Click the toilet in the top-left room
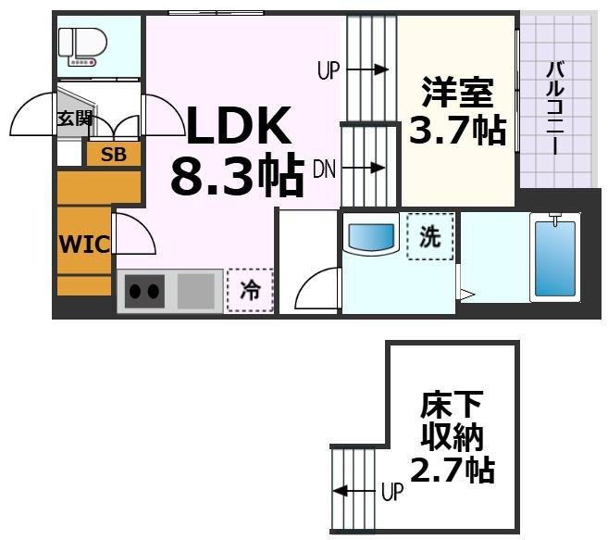pyautogui.click(x=81, y=44)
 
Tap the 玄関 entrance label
pyautogui.click(x=74, y=118)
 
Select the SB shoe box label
pyautogui.click(x=114, y=155)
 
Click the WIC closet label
pyautogui.click(x=84, y=245)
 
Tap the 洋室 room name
pyautogui.click(x=457, y=93)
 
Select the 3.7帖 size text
pyautogui.click(x=457, y=131)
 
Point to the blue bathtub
pyautogui.click(x=554, y=257)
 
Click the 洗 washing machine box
pyautogui.click(x=430, y=237)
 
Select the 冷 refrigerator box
pyautogui.click(x=250, y=290)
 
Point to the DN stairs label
pyautogui.click(x=324, y=169)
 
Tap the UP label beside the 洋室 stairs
pyautogui.click(x=329, y=69)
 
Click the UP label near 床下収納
pyautogui.click(x=392, y=491)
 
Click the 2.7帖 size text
pyautogui.click(x=453, y=471)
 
